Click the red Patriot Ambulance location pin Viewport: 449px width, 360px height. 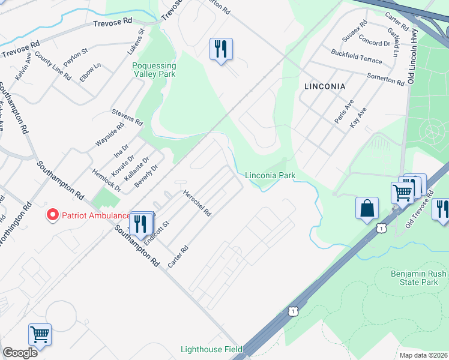(53, 214)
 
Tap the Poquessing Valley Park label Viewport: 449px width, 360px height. (154, 70)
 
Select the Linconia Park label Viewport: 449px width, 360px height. (270, 175)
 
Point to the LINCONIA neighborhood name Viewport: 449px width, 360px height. (325, 86)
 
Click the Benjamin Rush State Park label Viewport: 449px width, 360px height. (418, 277)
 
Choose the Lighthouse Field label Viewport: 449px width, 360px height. (212, 349)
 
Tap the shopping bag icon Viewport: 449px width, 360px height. (367, 209)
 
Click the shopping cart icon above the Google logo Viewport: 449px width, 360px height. (40, 335)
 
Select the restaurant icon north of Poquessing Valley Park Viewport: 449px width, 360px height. (221, 49)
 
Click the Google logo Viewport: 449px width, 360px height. (20, 353)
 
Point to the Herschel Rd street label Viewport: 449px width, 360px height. (197, 203)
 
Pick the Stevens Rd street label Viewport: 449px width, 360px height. (127, 117)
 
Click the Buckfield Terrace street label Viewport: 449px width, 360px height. (357, 60)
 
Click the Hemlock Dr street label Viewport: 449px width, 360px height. (107, 181)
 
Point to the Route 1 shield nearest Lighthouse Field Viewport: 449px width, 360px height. (292, 310)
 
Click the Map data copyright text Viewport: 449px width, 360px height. (424, 355)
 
